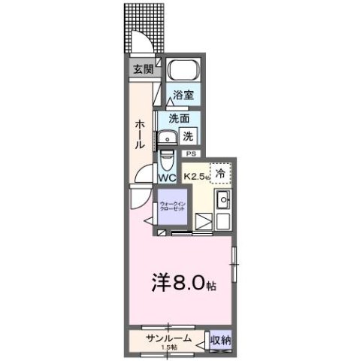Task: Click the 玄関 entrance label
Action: point(143,68)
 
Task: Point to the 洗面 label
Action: point(179,118)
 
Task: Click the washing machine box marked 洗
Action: point(189,136)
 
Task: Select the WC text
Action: point(167,178)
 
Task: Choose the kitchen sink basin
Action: point(222,200)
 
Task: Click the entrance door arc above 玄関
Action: point(143,43)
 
